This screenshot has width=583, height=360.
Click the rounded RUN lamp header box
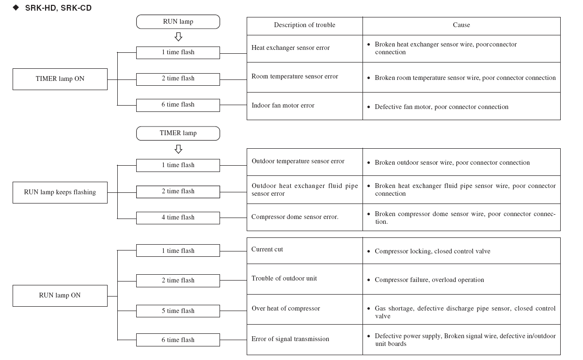click(x=178, y=22)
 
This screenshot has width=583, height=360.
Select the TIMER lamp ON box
click(x=60, y=79)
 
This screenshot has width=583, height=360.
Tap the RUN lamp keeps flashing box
click(x=60, y=192)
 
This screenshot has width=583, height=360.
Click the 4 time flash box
click(x=178, y=218)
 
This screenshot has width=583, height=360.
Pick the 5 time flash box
click(x=178, y=311)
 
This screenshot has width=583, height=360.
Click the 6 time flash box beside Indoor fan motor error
click(x=178, y=105)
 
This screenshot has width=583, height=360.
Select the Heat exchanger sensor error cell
click(x=304, y=48)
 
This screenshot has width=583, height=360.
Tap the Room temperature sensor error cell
click(x=304, y=77)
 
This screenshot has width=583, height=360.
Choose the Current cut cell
click(x=304, y=250)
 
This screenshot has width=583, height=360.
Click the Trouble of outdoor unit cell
click(x=304, y=279)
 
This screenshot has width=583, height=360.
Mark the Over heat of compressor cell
click(x=304, y=309)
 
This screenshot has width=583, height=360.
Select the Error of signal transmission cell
click(x=304, y=340)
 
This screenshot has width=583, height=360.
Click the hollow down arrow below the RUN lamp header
click(x=178, y=37)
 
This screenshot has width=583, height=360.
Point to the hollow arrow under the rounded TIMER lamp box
click(x=178, y=149)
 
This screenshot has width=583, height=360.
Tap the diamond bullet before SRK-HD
click(x=16, y=8)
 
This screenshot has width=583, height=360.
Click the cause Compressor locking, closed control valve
click(x=432, y=251)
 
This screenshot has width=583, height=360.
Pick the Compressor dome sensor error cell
click(x=304, y=217)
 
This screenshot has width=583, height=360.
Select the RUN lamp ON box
click(x=60, y=296)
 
